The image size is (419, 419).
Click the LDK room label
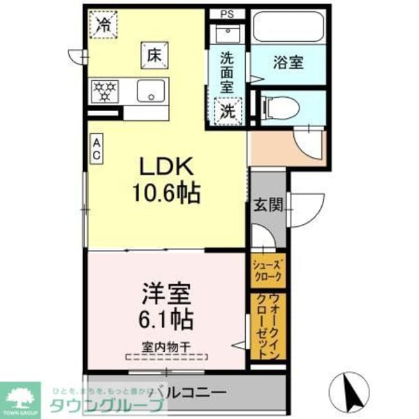tap(167, 168)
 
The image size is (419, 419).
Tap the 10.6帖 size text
tap(167, 192)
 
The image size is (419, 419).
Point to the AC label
tap(97, 149)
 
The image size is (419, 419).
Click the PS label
tap(228, 14)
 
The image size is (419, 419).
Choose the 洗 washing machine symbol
tap(228, 110)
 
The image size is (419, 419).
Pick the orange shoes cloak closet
tap(268, 269)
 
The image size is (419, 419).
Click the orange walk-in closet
tap(268, 326)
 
